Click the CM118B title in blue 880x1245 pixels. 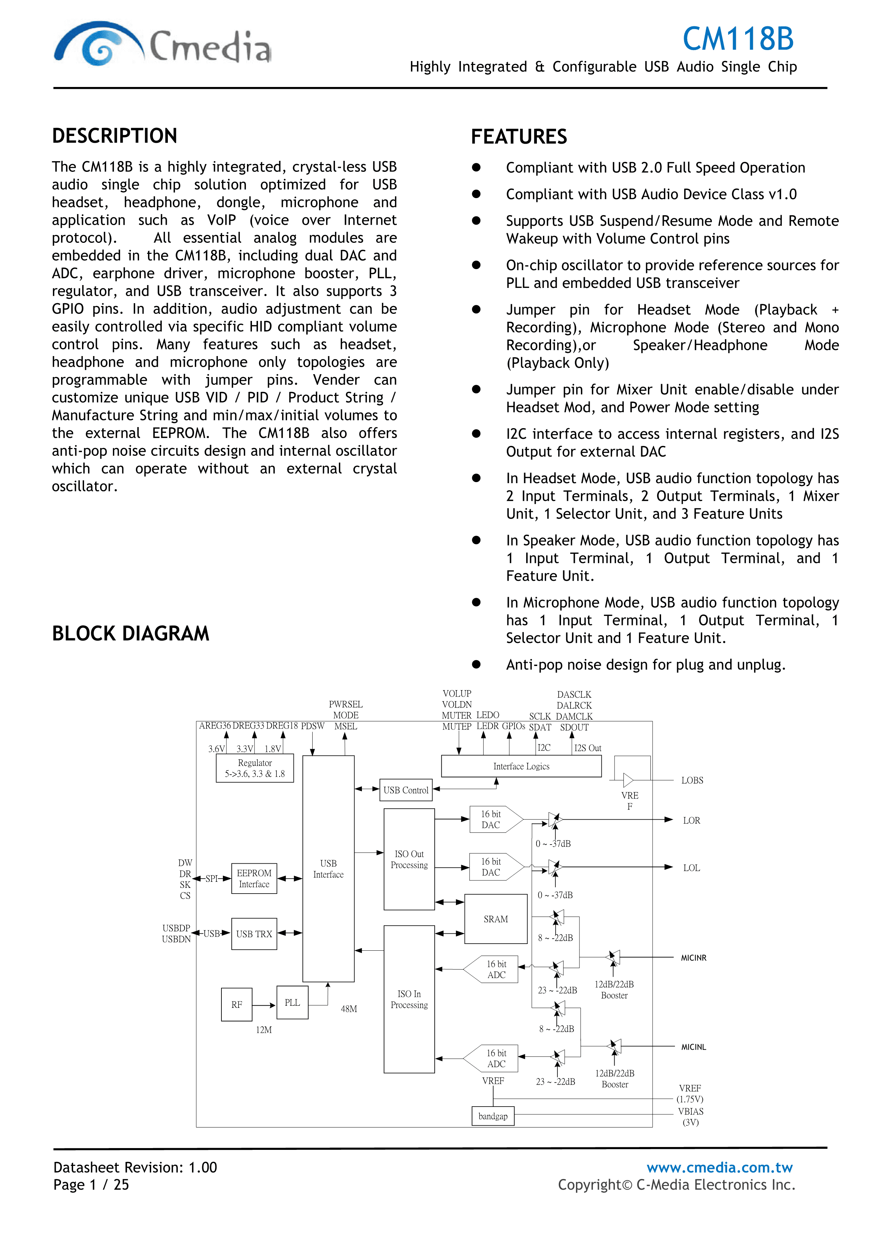738,39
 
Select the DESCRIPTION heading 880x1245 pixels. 115,136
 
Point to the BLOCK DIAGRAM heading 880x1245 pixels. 131,633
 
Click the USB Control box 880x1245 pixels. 406,790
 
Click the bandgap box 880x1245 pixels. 493,1116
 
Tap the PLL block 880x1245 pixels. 292,1003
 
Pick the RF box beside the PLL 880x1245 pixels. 237,1005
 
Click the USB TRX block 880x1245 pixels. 254,934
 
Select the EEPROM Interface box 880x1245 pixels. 254,878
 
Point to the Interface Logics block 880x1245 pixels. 521,766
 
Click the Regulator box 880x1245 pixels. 255,768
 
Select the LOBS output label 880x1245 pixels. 692,780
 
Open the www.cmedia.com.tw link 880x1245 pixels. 720,1168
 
